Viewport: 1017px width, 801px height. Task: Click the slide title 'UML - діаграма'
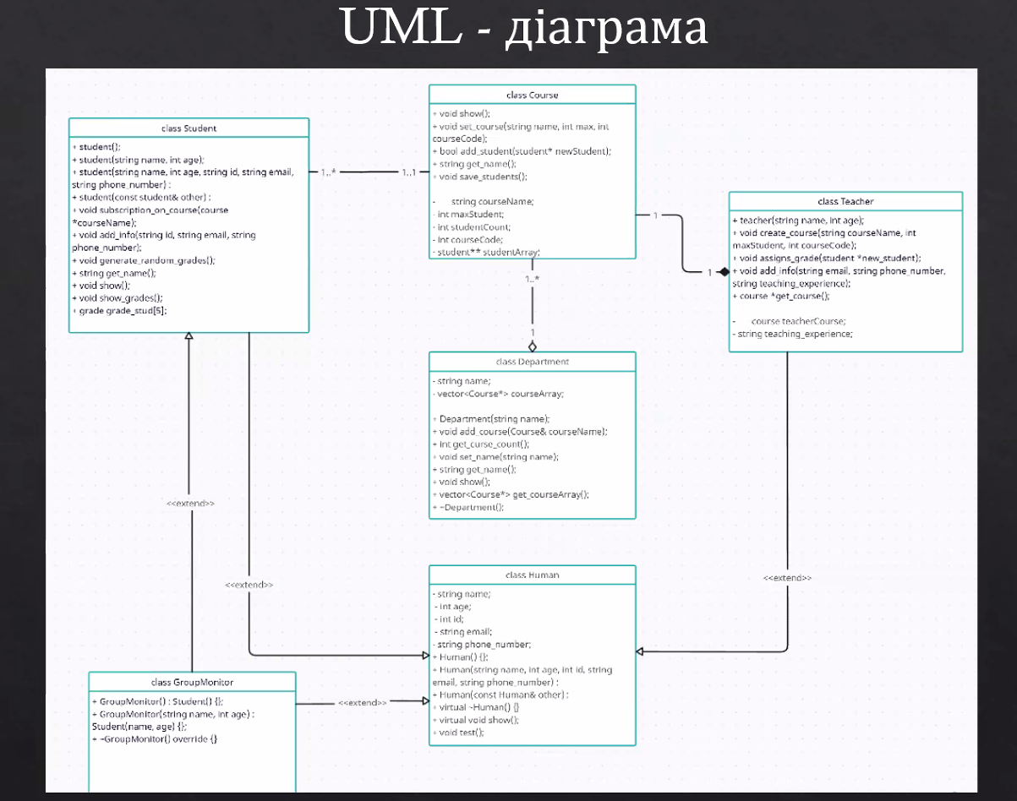(524, 29)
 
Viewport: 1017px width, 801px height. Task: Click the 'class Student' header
(189, 128)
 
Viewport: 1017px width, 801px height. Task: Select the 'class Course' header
(532, 95)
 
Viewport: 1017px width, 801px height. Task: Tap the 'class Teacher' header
(845, 202)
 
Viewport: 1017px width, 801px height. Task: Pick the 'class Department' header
(532, 362)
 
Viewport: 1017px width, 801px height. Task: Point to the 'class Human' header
(532, 575)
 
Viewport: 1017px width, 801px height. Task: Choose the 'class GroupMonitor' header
(192, 682)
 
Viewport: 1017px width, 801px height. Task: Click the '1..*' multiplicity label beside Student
(329, 172)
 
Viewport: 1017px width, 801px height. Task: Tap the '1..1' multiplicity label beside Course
(409, 172)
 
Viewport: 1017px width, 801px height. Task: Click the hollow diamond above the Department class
(533, 346)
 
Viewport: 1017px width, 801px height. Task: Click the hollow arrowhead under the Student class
(189, 337)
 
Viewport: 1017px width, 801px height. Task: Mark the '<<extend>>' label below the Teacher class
(787, 578)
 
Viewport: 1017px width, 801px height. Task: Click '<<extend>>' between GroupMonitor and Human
(363, 702)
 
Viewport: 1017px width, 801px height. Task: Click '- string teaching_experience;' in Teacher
(792, 334)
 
